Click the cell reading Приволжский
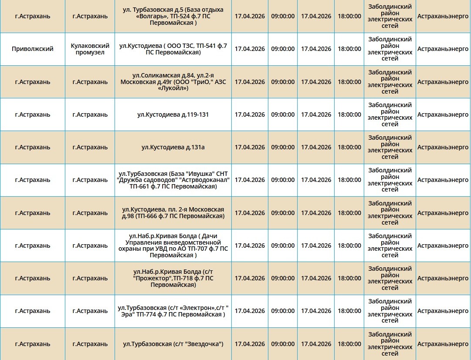click(33, 49)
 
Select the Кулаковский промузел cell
click(90, 49)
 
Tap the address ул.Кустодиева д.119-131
click(173, 115)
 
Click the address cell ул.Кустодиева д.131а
click(173, 148)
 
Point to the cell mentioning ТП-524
click(173, 16)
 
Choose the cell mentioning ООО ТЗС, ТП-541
click(173, 49)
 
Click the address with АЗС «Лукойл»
click(173, 82)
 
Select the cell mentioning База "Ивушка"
click(173, 180)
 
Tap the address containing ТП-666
click(173, 213)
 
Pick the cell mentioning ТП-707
click(173, 246)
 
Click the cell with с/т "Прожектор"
click(173, 279)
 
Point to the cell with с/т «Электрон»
click(173, 311)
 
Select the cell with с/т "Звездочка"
click(173, 344)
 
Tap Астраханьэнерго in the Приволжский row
click(443, 49)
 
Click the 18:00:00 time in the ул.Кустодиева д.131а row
click(349, 148)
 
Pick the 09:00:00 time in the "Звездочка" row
click(283, 344)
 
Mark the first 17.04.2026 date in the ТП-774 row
click(250, 311)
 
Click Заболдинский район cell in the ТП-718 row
click(390, 279)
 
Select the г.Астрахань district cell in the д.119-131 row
click(33, 115)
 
